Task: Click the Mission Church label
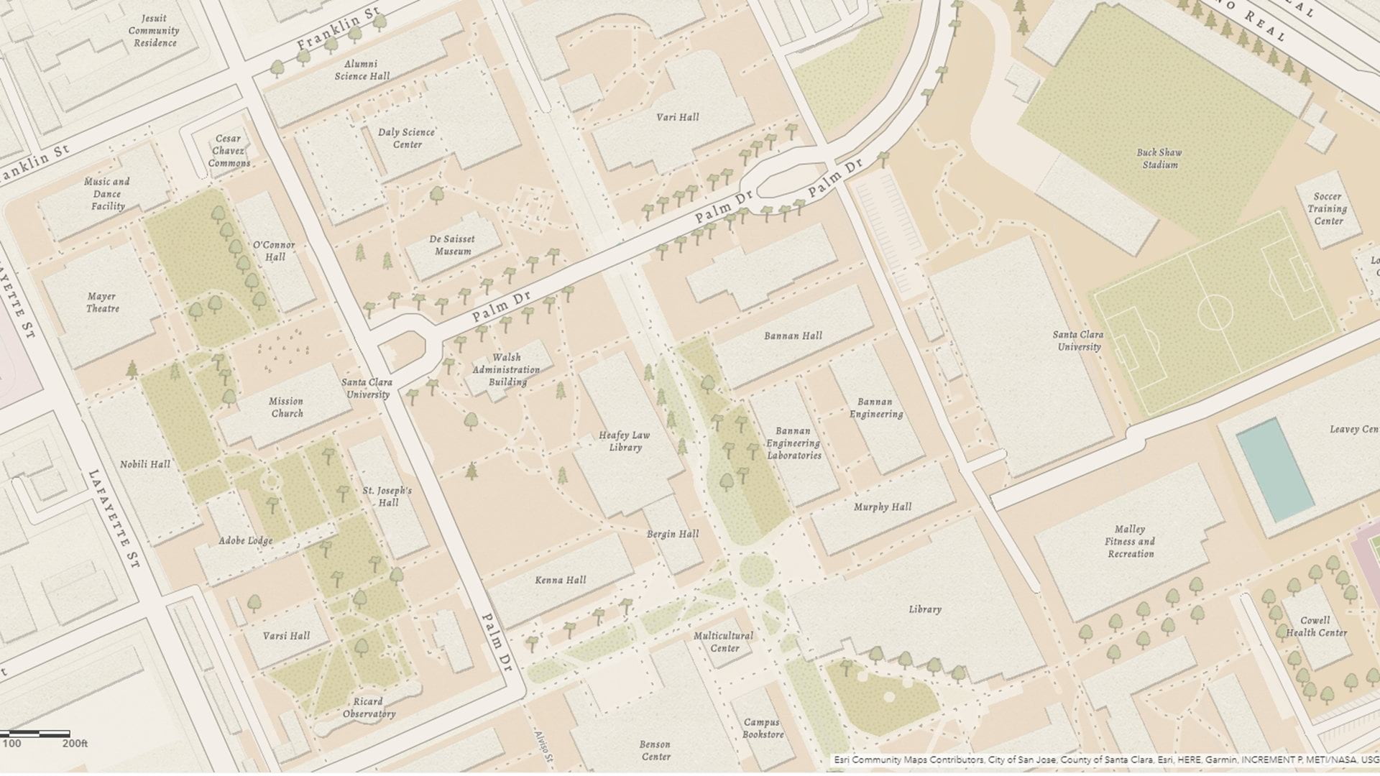pyautogui.click(x=287, y=407)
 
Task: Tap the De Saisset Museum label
pyautogui.click(x=452, y=245)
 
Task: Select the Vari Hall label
pyautogui.click(x=677, y=117)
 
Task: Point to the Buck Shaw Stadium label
pyautogui.click(x=1159, y=159)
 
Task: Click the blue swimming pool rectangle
pyautogui.click(x=1274, y=469)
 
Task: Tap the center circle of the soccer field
pyautogui.click(x=1215, y=313)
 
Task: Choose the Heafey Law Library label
pyautogui.click(x=624, y=441)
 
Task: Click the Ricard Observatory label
pyautogui.click(x=369, y=708)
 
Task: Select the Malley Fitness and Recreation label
pyautogui.click(x=1131, y=541)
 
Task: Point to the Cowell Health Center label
pyautogui.click(x=1316, y=627)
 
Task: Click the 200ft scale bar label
pyautogui.click(x=75, y=744)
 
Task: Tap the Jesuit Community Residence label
pyautogui.click(x=154, y=31)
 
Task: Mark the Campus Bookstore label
pyautogui.click(x=762, y=729)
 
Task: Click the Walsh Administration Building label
pyautogui.click(x=507, y=369)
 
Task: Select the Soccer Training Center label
pyautogui.click(x=1328, y=208)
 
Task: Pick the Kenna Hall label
pyautogui.click(x=561, y=580)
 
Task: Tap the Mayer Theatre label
pyautogui.click(x=102, y=302)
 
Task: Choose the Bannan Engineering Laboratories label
pyautogui.click(x=793, y=443)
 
